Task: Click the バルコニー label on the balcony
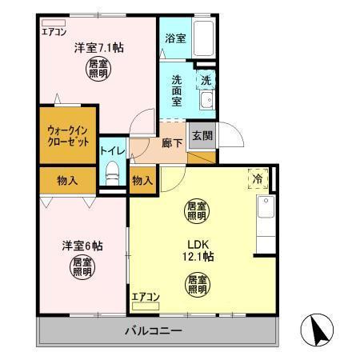[x=153, y=330]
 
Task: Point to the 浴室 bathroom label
[x=175, y=37]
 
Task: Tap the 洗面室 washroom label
[x=178, y=94]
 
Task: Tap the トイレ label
[x=111, y=150]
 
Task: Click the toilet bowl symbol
[x=112, y=171]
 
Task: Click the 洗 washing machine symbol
[x=205, y=80]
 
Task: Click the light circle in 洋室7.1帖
[x=97, y=69]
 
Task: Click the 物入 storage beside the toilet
[x=142, y=180]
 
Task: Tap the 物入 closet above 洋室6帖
[x=67, y=180]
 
